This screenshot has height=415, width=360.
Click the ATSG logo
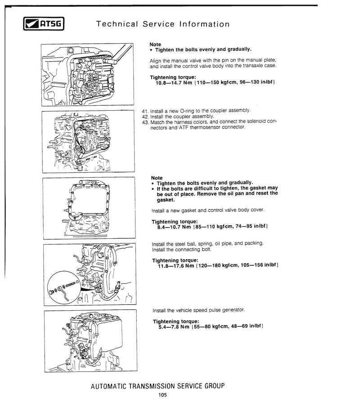[44, 23]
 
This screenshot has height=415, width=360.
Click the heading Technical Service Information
[162, 24]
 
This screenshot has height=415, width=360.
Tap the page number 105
[162, 395]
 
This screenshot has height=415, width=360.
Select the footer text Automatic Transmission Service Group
[157, 386]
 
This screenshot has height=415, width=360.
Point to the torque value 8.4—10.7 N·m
[174, 227]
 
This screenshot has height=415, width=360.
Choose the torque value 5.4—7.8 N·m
[174, 326]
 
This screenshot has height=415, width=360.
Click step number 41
[145, 111]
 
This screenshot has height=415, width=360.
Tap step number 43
[145, 123]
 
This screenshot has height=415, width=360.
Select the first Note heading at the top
[155, 44]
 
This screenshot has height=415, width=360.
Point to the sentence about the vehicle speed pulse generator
[199, 310]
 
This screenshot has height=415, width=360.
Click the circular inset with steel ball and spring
[64, 287]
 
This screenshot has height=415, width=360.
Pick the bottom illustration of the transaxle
[90, 341]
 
